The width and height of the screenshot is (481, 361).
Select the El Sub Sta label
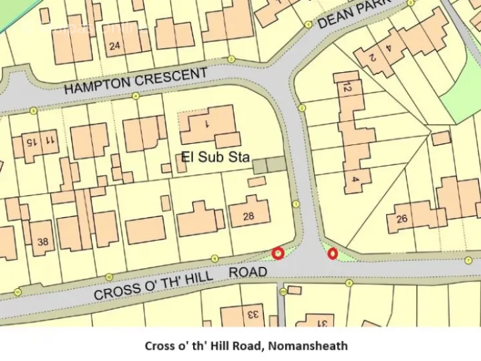[215, 158]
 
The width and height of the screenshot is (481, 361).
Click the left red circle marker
[278, 253]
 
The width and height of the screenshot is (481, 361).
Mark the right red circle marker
[332, 253]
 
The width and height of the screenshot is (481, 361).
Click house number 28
[249, 216]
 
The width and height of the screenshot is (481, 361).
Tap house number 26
[402, 219]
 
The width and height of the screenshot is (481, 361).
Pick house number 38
[43, 242]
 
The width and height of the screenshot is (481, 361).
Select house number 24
[115, 46]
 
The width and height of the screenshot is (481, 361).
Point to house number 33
[253, 314]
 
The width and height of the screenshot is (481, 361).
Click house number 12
[346, 87]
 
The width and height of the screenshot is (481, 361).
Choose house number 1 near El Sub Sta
[207, 124]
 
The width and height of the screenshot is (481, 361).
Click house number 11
[49, 140]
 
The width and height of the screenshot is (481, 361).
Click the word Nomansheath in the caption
[313, 346]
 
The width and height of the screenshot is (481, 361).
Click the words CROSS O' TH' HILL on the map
[153, 285]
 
